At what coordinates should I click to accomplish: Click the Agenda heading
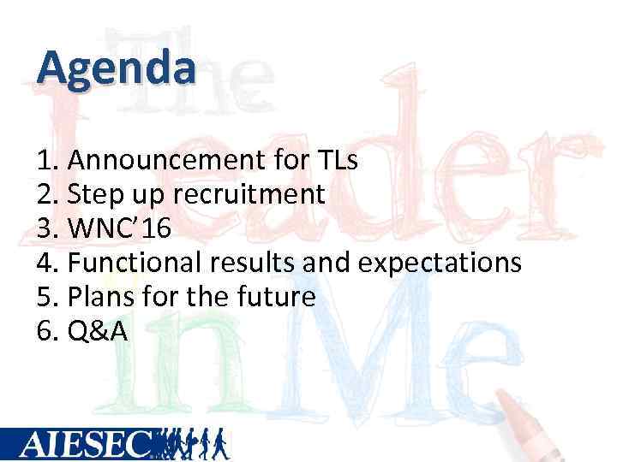(x=117, y=68)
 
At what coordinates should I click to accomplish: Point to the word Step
(x=96, y=195)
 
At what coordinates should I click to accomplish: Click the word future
(x=273, y=297)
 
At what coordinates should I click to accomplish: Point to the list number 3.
(x=46, y=228)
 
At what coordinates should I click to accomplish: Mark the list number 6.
(x=46, y=331)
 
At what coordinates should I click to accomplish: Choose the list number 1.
(x=46, y=160)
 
